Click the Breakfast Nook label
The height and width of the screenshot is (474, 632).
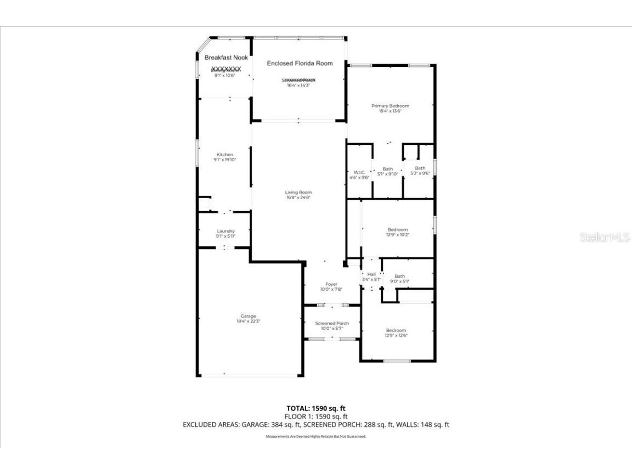[226, 58]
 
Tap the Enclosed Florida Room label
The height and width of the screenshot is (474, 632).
[300, 64]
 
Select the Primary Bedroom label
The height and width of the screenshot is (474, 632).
[390, 106]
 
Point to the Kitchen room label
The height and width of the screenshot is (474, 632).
[224, 155]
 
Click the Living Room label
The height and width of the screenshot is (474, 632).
[298, 193]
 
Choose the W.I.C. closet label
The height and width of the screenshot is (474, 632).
[359, 173]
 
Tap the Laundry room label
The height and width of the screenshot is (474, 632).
[225, 231]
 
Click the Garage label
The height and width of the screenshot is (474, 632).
[249, 316]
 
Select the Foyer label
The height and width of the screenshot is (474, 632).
[331, 284]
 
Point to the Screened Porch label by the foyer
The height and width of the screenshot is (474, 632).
[332, 323]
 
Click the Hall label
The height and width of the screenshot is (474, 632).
[371, 274]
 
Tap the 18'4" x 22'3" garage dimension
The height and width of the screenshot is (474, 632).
[249, 321]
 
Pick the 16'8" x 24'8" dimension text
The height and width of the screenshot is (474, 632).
[298, 198]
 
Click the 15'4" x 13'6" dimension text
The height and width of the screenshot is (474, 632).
[390, 111]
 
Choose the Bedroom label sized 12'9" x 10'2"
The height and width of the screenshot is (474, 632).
[398, 229]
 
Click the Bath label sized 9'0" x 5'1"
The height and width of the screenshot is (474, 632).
[399, 276]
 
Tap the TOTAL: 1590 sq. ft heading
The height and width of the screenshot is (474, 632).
[316, 408]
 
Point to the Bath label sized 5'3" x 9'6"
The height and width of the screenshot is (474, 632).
[420, 168]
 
